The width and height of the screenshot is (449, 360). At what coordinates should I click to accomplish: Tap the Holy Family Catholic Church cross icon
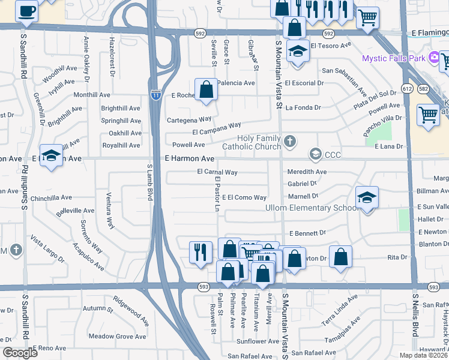290,142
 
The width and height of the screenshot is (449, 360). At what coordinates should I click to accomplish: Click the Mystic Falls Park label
393,58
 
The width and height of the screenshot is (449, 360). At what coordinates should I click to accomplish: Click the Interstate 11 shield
155,95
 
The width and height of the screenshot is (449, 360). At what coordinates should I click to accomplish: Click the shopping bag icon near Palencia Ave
206,89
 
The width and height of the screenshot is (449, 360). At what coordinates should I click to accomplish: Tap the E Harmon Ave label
190,159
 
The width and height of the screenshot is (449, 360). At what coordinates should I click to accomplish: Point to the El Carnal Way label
217,172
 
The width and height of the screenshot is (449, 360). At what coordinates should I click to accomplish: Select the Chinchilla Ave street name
51,197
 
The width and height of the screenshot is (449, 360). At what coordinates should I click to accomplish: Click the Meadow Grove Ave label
117,337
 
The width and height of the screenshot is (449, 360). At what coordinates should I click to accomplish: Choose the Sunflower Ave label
258,341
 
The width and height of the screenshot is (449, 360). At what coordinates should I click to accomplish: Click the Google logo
20,353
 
